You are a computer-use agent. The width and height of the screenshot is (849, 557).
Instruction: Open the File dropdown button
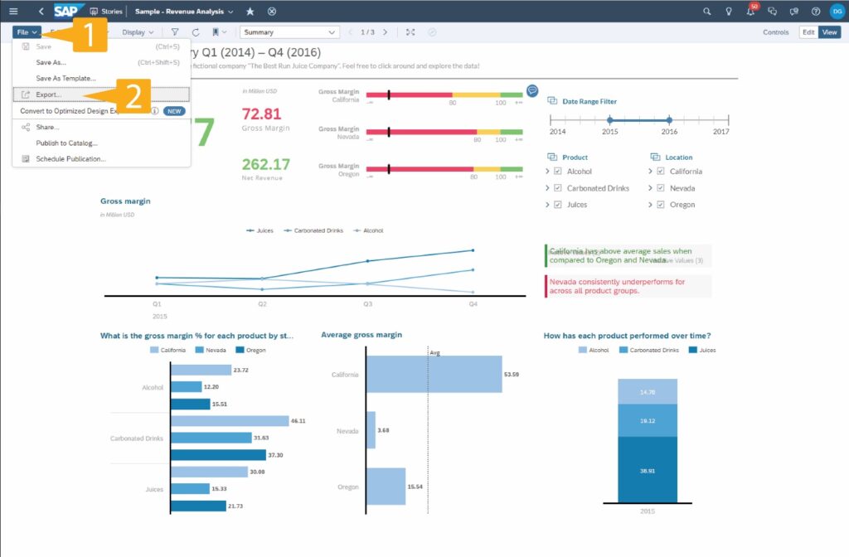point(27,32)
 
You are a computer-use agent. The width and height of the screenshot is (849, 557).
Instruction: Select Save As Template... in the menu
point(65,78)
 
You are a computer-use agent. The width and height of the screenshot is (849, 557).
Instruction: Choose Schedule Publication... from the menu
point(70,158)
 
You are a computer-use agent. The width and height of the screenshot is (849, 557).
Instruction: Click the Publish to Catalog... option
point(66,143)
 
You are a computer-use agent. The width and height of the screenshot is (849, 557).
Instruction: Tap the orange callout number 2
point(133,94)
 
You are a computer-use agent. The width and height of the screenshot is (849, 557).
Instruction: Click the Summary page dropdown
point(289,32)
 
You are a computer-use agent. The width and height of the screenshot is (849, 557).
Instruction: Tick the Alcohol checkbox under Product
point(558,172)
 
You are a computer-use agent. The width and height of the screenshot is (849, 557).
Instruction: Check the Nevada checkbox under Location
point(660,188)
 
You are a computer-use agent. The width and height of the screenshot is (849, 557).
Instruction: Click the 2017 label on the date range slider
point(720,132)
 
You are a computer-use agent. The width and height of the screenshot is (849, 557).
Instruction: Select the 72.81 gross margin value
point(261,114)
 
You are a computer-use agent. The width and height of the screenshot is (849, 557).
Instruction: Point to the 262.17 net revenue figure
point(265,164)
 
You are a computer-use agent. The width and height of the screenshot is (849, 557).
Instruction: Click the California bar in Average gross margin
point(434,375)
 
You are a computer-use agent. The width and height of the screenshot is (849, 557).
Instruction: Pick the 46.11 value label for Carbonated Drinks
point(298,421)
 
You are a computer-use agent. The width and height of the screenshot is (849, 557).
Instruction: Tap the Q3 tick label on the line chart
point(367,304)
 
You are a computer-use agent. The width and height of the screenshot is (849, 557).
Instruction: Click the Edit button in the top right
point(808,32)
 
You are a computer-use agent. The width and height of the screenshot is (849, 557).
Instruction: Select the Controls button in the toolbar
point(776,32)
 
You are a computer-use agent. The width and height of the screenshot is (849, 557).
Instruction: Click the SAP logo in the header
point(68,12)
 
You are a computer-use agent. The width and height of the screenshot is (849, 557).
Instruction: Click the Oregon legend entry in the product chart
point(252,350)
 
